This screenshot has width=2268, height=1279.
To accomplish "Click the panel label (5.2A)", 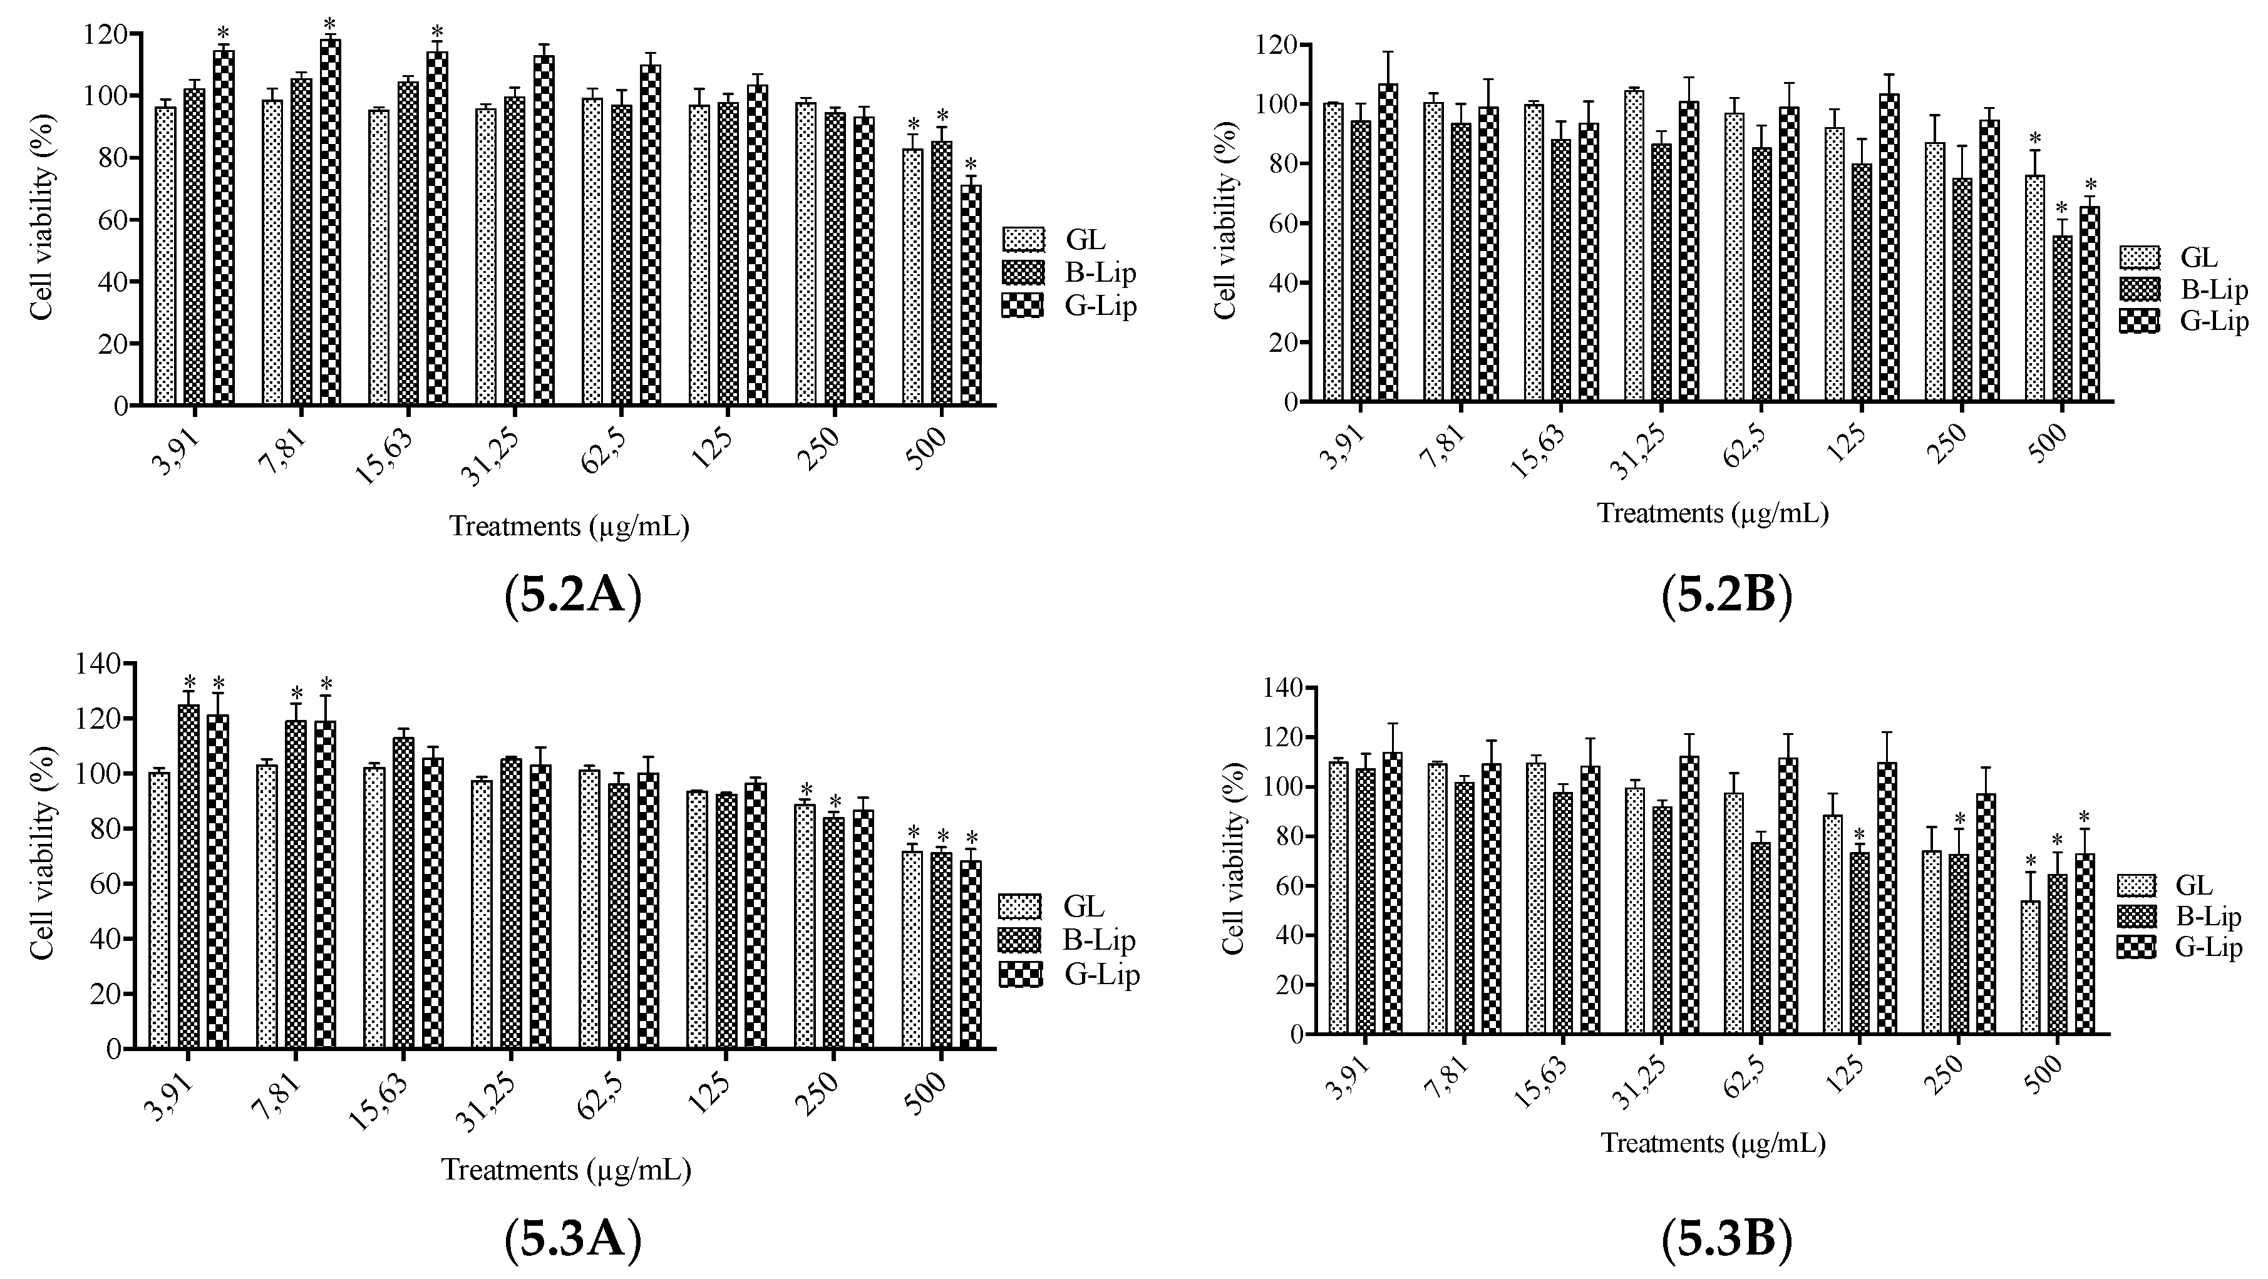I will pyautogui.click(x=573, y=596).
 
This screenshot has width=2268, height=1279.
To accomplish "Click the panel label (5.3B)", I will pyautogui.click(x=1726, y=1240).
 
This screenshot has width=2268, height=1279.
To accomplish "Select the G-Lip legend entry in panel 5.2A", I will pyautogui.click(x=1069, y=306).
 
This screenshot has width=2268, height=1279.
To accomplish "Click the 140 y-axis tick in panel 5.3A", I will pyautogui.click(x=103, y=664).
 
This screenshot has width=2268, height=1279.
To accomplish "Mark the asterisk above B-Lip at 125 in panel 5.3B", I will pyautogui.click(x=1860, y=835).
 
